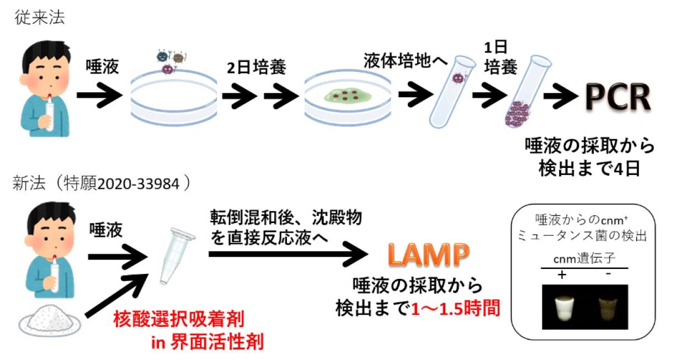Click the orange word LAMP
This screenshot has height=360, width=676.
(x=428, y=255)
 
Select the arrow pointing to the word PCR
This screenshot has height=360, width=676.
(x=563, y=97)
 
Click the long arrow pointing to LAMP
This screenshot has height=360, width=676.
(x=287, y=254)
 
